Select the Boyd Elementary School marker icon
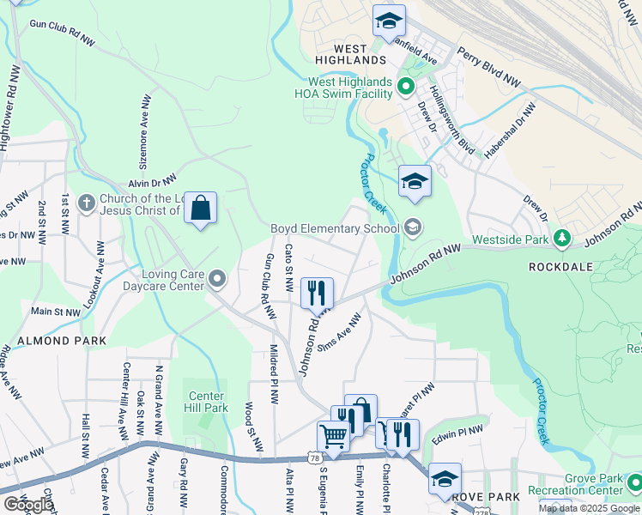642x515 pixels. pyautogui.click(x=413, y=227)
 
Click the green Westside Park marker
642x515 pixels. pyautogui.click(x=562, y=237)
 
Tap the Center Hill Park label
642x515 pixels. pyautogui.click(x=207, y=402)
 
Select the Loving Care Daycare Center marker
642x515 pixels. pyautogui.click(x=217, y=278)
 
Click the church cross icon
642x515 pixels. pyautogui.click(x=85, y=203)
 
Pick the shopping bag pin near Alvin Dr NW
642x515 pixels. pyautogui.click(x=200, y=208)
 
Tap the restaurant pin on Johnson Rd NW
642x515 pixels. pyautogui.click(x=317, y=293)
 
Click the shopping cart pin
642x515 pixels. pyautogui.click(x=333, y=435)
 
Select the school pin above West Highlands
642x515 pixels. pyautogui.click(x=389, y=21)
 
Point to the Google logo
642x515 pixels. pyautogui.click(x=27, y=505)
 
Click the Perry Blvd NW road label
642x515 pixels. pyautogui.click(x=489, y=66)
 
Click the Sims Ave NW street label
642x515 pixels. pyautogui.click(x=339, y=331)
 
